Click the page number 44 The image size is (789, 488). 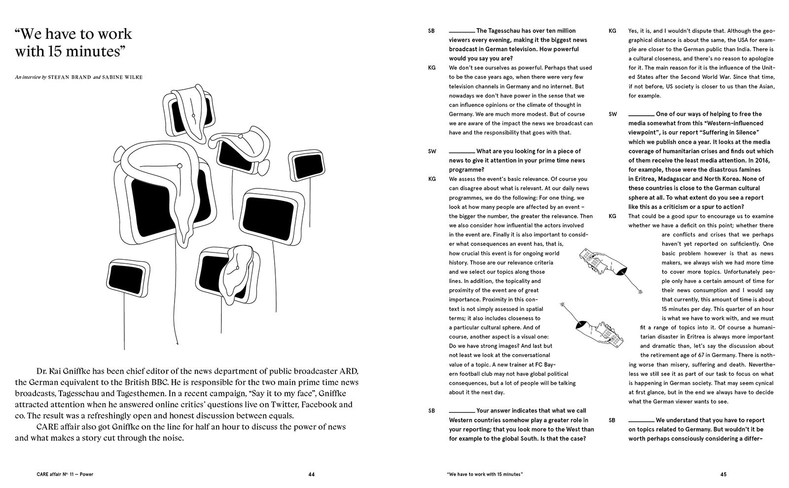(311, 475)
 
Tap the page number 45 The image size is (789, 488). (723, 475)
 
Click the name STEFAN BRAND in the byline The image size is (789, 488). (69, 77)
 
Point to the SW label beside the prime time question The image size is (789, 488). (432, 151)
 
